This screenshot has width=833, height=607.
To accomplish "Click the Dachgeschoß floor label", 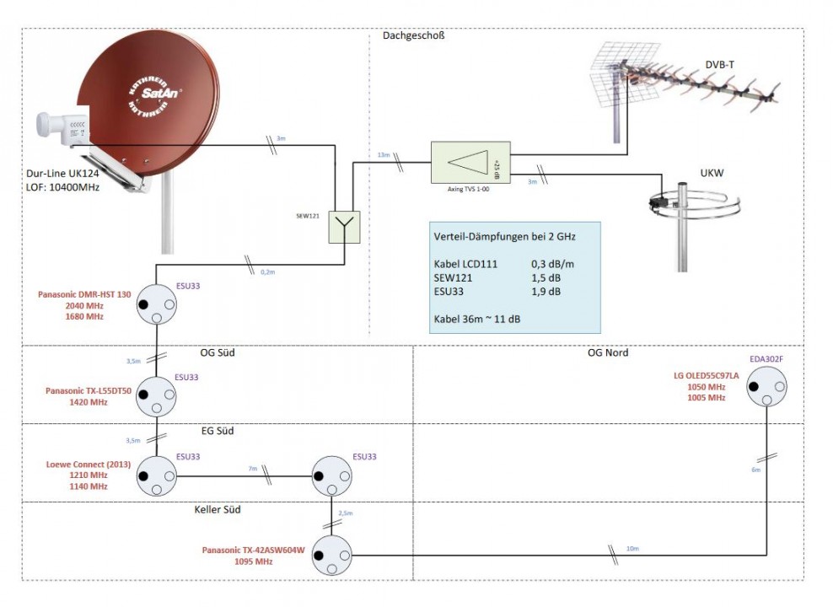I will (413, 36).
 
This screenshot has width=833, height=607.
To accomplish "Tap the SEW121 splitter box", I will (344, 227).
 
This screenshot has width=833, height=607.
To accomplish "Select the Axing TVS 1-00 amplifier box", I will (465, 164).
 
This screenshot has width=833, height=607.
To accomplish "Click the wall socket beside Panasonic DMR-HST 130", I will (157, 308).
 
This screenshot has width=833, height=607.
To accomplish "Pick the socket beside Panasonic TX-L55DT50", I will (157, 395).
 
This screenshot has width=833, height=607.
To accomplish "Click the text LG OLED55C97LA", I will (707, 375).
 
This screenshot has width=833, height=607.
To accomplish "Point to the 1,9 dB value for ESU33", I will (545, 293).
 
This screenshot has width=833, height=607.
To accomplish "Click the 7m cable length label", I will (252, 468).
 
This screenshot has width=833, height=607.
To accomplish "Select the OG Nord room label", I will (607, 352).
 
